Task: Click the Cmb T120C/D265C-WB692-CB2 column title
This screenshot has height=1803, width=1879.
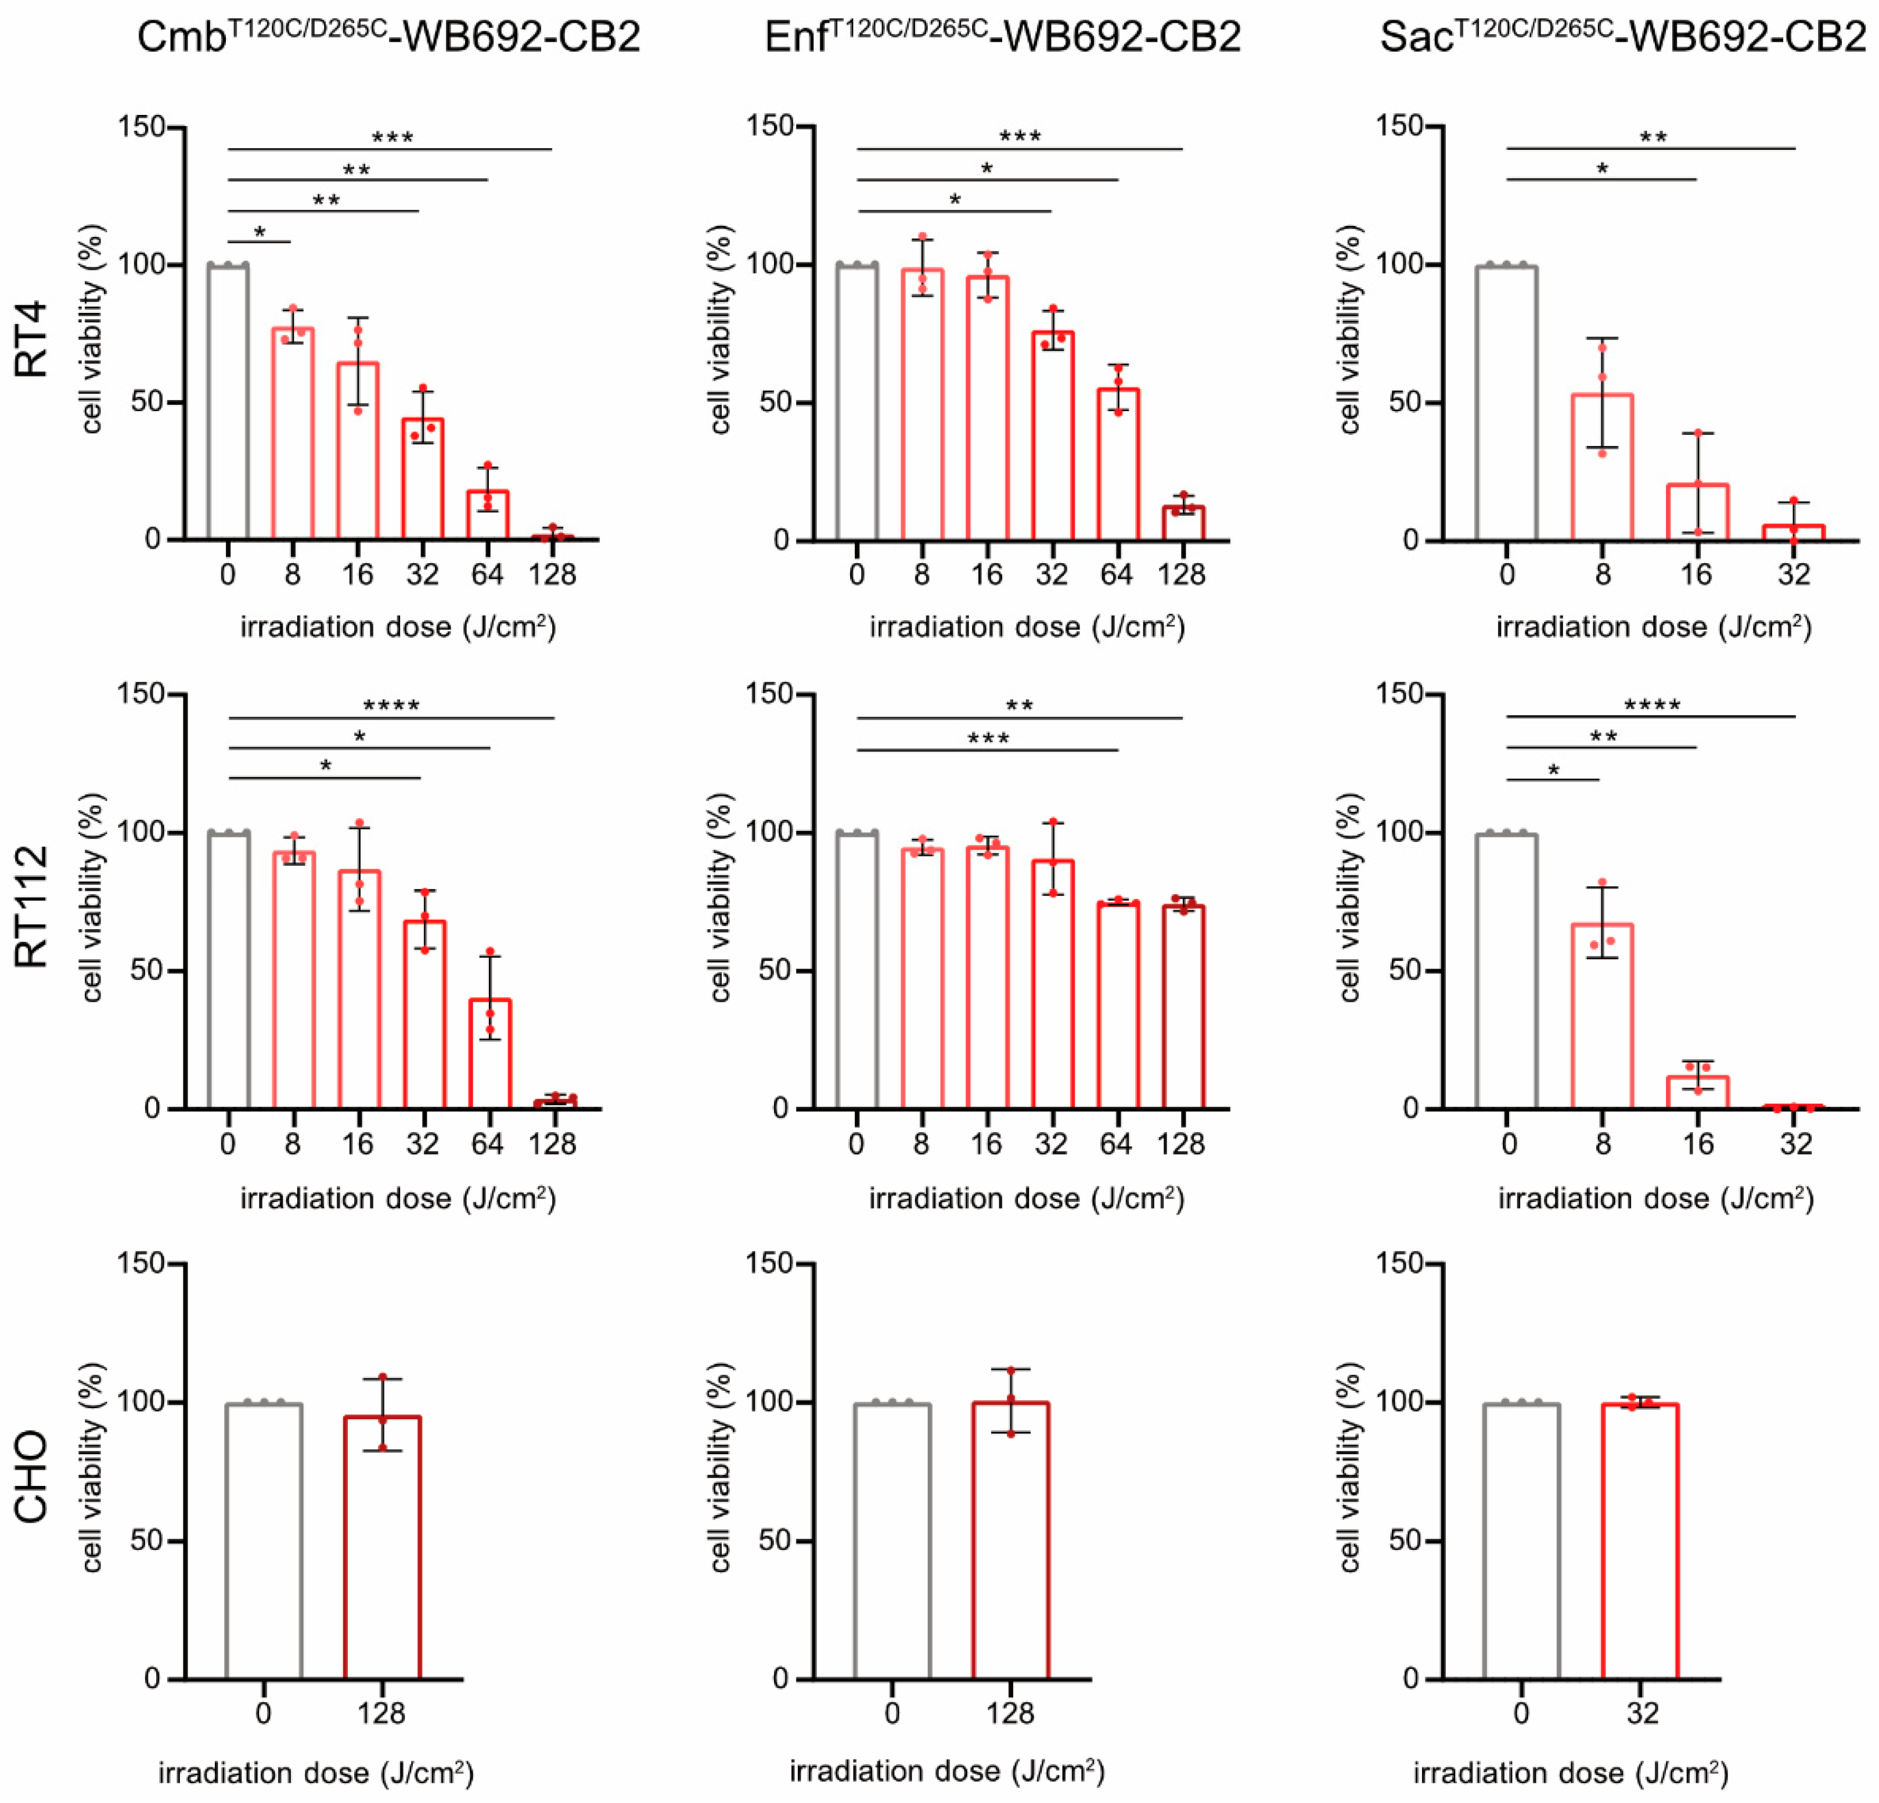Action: pyautogui.click(x=388, y=37)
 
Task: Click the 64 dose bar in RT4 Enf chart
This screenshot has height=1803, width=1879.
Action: pyautogui.click(x=1117, y=465)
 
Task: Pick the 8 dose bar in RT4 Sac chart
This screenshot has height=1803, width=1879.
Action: pyautogui.click(x=1602, y=468)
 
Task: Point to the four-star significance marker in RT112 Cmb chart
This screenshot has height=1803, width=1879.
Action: pyautogui.click(x=391, y=707)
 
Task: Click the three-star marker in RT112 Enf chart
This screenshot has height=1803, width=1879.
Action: pyautogui.click(x=988, y=738)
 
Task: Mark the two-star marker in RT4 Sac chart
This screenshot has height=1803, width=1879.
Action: pyautogui.click(x=1653, y=137)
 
